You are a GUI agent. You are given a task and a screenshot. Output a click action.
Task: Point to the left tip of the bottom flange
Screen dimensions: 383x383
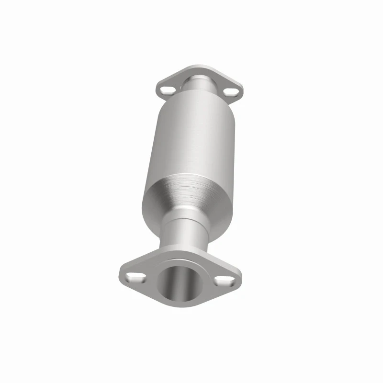pos(121,272)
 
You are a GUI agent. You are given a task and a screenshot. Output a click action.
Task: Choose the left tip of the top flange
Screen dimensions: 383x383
pos(158,88)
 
